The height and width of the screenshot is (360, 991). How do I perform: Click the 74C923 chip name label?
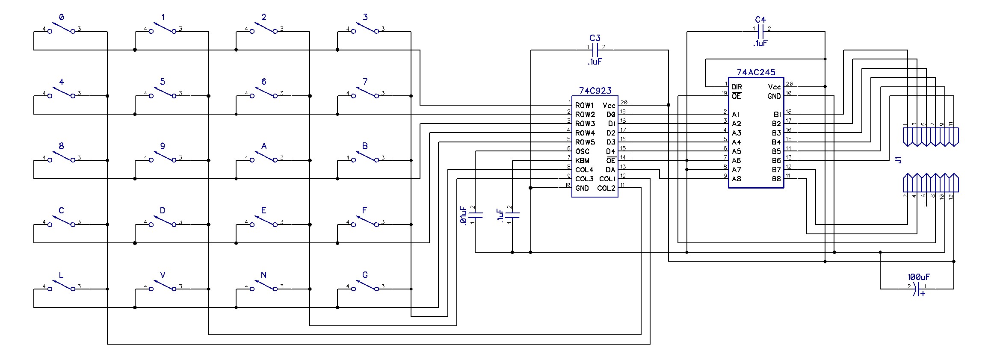(595, 91)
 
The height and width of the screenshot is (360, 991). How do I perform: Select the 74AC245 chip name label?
(756, 72)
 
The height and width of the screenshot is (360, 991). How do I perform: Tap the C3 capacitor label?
(595, 38)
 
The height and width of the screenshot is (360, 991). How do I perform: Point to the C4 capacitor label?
(760, 20)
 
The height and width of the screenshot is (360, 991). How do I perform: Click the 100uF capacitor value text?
(918, 277)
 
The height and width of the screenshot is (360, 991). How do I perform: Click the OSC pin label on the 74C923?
(582, 151)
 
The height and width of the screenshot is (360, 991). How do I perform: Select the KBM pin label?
(582, 161)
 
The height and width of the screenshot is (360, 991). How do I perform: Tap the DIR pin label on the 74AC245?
(737, 87)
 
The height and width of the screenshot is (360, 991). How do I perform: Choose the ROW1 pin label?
(585, 105)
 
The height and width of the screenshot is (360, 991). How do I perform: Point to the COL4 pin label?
(584, 170)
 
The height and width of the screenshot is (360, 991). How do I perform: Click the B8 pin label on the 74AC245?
(776, 179)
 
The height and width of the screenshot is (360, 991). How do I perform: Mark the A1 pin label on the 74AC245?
(736, 115)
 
